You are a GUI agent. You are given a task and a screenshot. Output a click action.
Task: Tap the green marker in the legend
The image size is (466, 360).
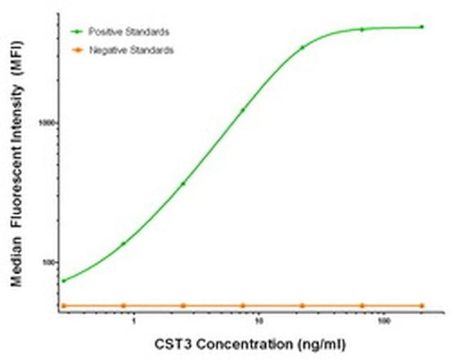(75, 32)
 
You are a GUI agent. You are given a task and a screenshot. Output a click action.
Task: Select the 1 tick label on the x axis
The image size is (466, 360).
(134, 321)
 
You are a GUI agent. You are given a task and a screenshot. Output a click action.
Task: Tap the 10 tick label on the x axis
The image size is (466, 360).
(259, 321)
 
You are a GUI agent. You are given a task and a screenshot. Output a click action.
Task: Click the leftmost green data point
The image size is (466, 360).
(63, 280)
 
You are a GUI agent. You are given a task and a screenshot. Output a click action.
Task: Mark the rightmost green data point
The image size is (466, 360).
(422, 27)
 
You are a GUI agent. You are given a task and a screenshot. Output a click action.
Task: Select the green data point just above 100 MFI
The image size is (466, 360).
(123, 244)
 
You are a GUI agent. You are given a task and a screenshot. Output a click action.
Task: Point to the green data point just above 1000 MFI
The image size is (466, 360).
(242, 110)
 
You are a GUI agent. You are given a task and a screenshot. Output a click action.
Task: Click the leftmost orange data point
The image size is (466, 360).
(63, 306)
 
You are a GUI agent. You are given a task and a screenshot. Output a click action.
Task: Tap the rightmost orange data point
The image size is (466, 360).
(422, 306)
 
